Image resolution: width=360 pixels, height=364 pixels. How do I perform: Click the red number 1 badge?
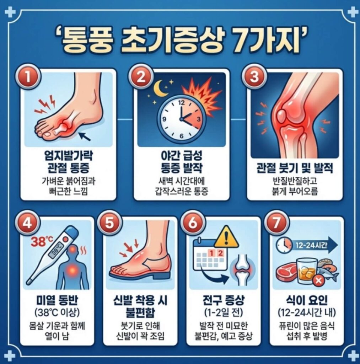coord(28,77)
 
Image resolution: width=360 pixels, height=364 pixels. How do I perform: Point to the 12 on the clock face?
coord(181,102)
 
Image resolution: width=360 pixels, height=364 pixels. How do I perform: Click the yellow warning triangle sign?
coord(226,237)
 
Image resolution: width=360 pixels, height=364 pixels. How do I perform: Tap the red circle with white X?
coord(318,281)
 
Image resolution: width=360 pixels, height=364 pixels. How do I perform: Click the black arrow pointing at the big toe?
coord(85,136)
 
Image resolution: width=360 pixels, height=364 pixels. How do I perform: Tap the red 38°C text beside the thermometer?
coord(42,241)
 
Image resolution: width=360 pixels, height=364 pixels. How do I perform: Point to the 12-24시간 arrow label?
coord(311,245)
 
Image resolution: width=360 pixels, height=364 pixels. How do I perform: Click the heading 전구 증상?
coord(224,301)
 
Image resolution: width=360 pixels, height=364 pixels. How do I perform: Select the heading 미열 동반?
coord(57,301)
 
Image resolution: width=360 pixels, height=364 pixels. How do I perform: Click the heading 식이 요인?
coord(307,301)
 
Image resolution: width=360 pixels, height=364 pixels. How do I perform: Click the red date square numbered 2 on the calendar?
coord(220,253)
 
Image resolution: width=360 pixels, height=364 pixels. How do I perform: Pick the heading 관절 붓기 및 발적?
coord(295,168)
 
